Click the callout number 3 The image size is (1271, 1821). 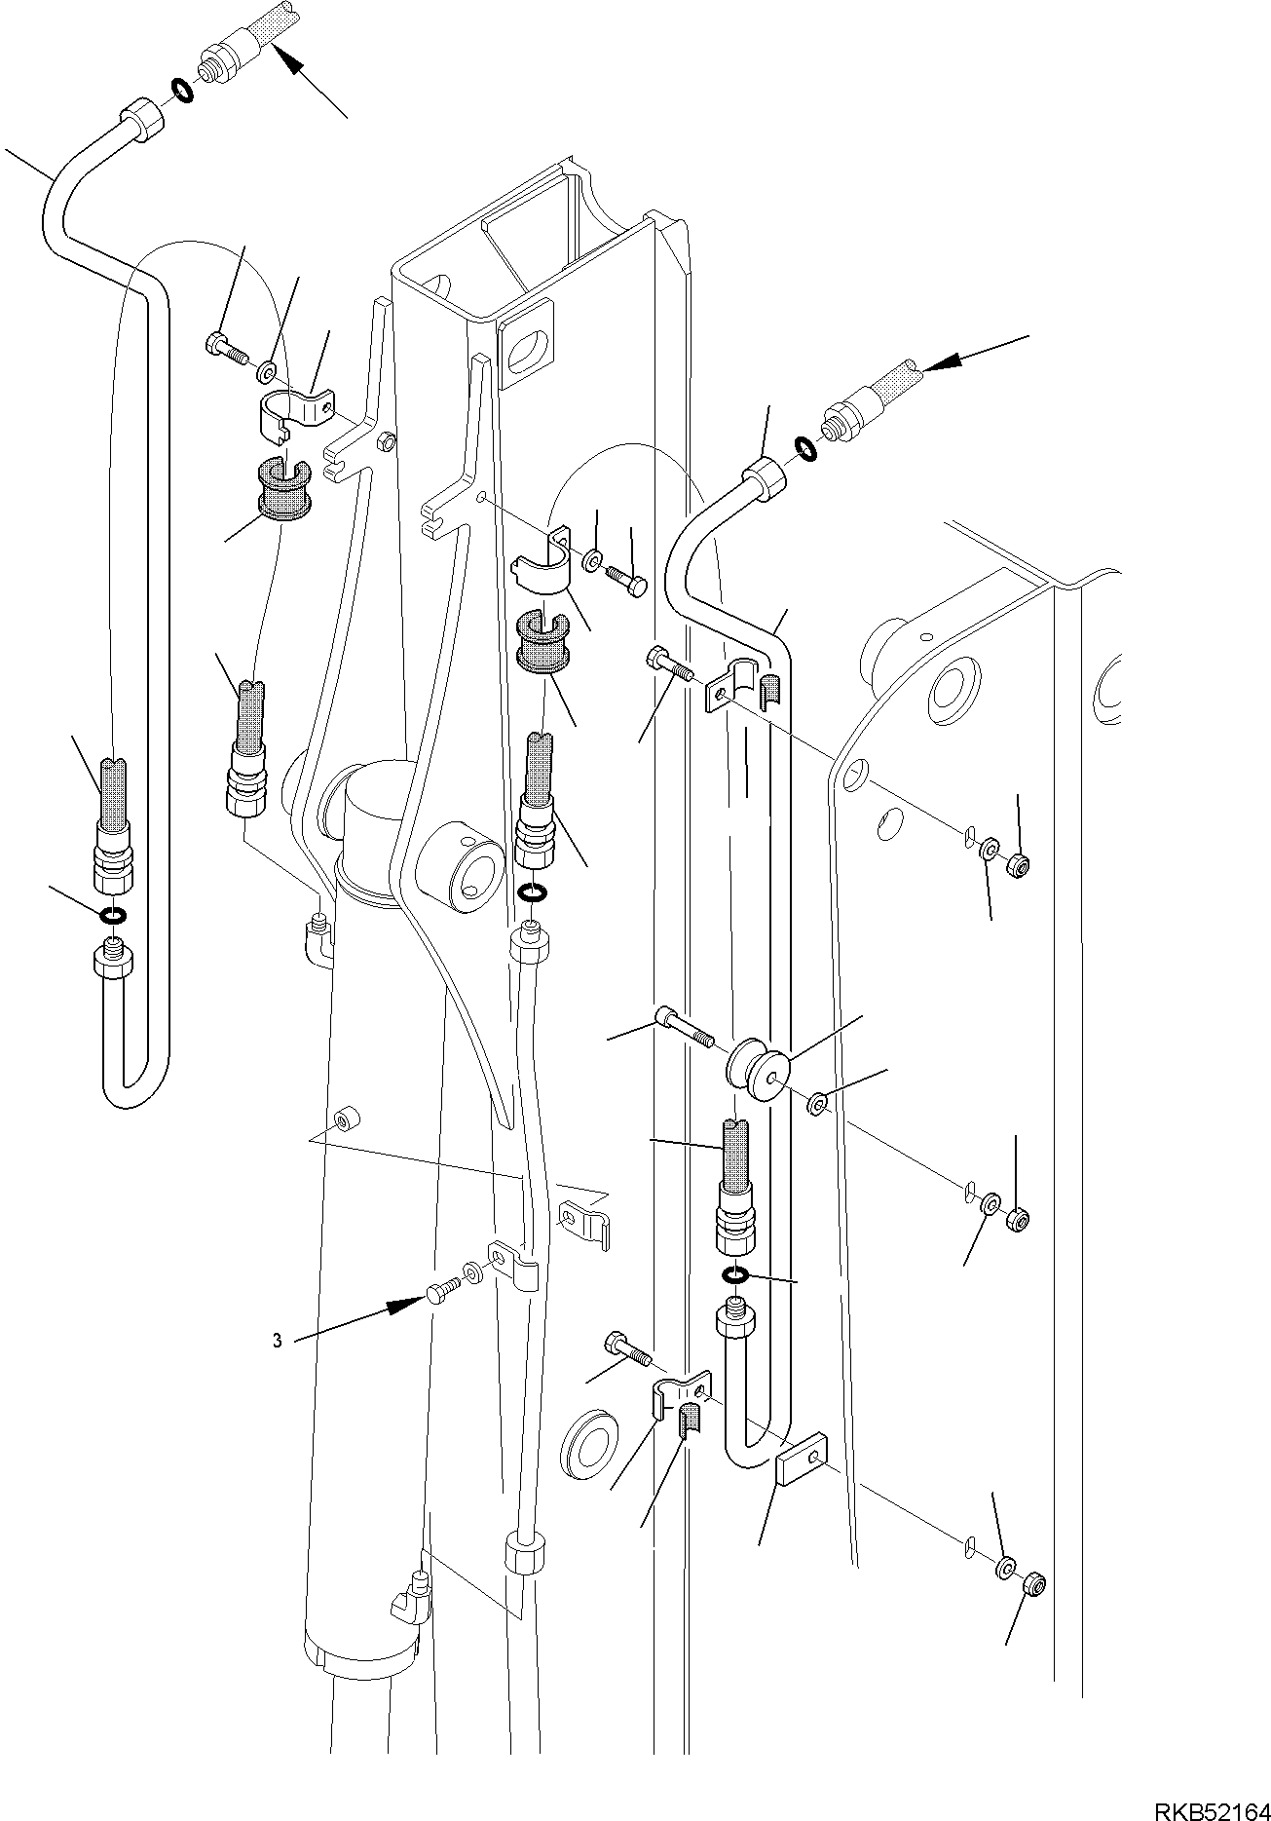pos(277,1342)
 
